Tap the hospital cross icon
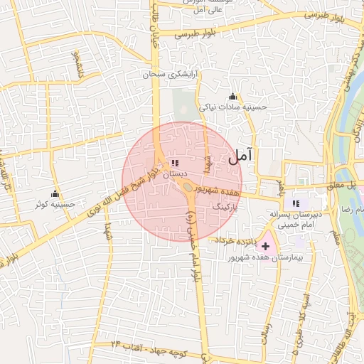tap(266, 245)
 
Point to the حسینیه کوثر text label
tap(55, 204)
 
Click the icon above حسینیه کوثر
tap(55, 193)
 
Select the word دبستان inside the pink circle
tap(175, 173)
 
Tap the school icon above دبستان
tap(175, 164)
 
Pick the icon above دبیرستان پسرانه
tap(296, 204)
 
